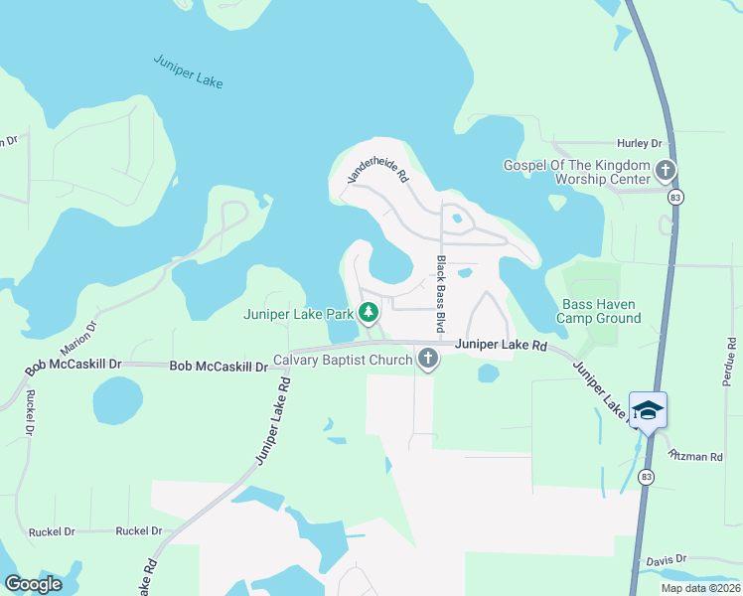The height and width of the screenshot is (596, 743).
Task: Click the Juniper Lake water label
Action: (189, 73)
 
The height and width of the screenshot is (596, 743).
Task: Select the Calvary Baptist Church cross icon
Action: (428, 359)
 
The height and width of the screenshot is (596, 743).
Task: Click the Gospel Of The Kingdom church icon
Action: (665, 172)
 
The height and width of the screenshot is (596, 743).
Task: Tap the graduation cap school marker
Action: (648, 410)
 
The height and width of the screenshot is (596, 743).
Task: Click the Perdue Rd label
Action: (731, 363)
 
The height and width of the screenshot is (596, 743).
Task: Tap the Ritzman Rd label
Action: (695, 455)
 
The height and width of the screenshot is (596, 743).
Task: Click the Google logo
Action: (33, 584)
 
